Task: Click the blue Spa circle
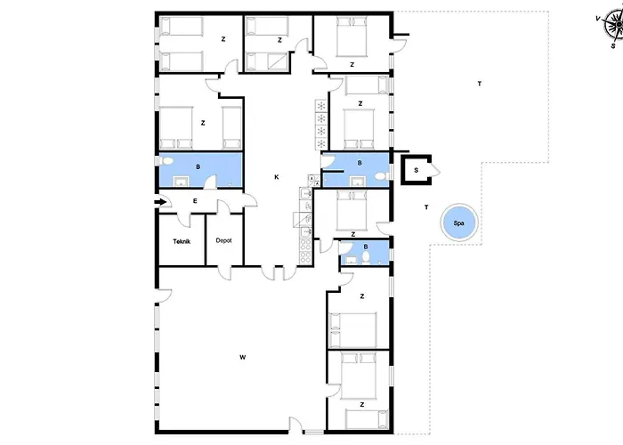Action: (x=459, y=222)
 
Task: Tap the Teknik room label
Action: (x=182, y=241)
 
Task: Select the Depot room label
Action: (x=224, y=241)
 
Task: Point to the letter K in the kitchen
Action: (x=276, y=177)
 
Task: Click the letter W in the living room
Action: (x=242, y=357)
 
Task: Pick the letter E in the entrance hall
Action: (x=194, y=202)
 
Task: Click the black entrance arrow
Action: (x=159, y=202)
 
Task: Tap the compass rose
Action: (x=611, y=27)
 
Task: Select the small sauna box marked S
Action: (x=416, y=169)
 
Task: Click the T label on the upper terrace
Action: (x=479, y=84)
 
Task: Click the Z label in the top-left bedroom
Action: (x=222, y=38)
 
